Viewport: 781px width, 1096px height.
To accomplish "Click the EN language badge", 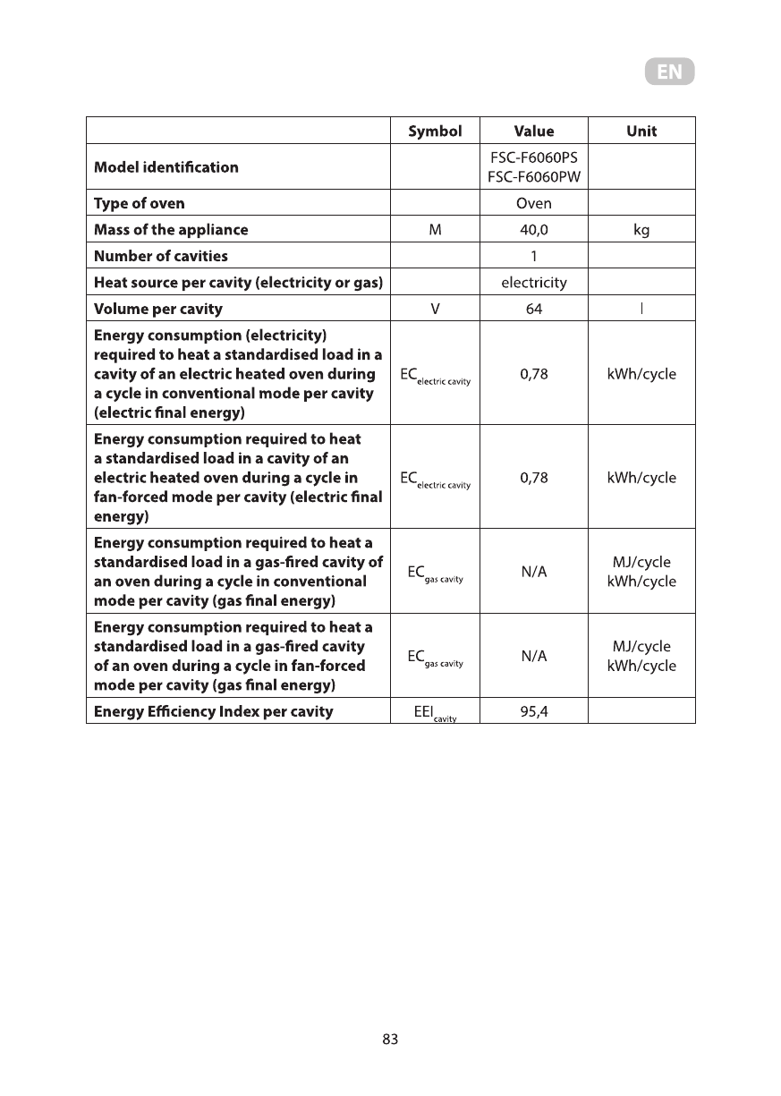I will [x=669, y=72].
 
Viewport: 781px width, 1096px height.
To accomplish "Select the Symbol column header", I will [x=435, y=131].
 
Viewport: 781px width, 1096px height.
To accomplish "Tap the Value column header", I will [x=534, y=131].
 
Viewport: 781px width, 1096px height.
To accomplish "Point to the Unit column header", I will [x=641, y=131].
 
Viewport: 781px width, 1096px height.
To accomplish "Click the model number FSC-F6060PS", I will [x=534, y=157].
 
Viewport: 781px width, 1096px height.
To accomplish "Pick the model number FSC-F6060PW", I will [x=534, y=176].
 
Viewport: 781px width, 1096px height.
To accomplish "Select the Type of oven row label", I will [x=140, y=203].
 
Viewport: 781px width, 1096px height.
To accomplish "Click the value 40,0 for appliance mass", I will [x=534, y=230].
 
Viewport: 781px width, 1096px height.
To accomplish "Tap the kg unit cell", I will [x=641, y=230].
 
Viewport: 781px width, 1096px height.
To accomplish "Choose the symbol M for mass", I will [x=435, y=230].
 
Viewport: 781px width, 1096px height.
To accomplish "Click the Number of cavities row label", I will [x=161, y=256].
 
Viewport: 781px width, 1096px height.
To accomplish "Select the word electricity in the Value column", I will [x=534, y=283].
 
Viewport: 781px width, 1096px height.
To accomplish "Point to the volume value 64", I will [x=534, y=310].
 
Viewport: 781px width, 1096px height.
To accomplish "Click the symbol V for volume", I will [x=435, y=310].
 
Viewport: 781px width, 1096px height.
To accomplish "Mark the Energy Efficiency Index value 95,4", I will [x=534, y=712].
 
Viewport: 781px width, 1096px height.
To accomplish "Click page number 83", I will [x=390, y=1039].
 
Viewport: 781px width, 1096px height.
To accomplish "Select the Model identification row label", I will [x=166, y=167].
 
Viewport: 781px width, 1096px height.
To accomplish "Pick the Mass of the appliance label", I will [x=171, y=230].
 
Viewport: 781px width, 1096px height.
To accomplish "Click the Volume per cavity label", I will [x=158, y=310].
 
